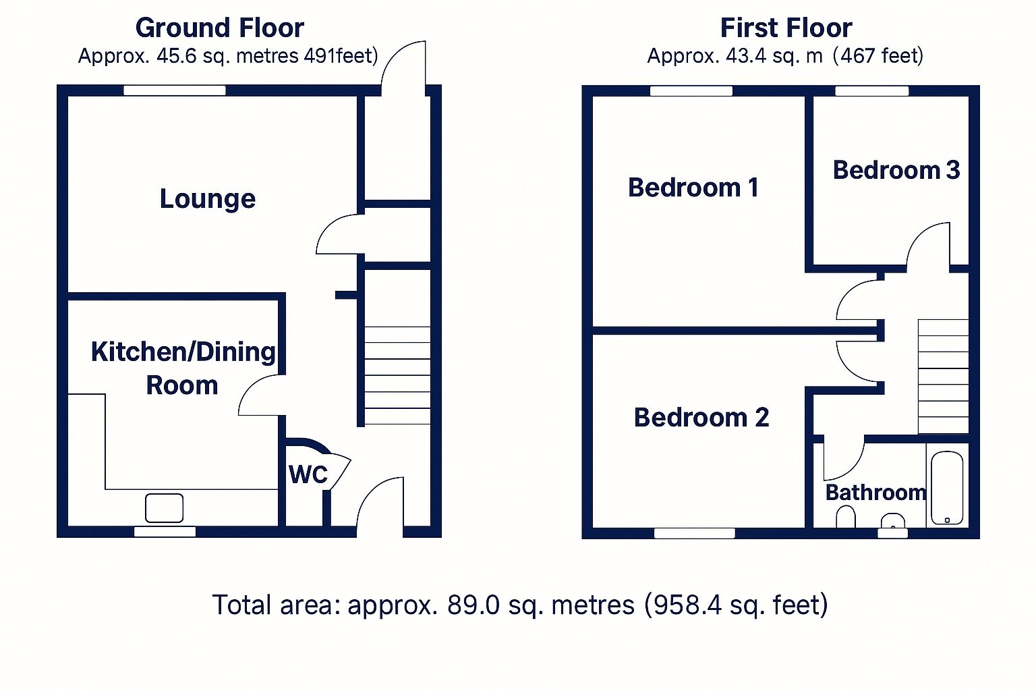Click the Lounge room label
point(208,199)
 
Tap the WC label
point(308,474)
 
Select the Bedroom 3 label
point(896,170)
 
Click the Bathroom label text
point(875,492)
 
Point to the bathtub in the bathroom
point(947,487)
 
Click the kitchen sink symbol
point(165,507)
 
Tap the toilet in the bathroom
point(845,518)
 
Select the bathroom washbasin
point(893,521)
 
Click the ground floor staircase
point(397,375)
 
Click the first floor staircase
point(943,377)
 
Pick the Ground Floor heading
point(220,28)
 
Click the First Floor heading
point(786,28)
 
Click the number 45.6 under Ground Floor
point(177,55)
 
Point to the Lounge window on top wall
point(175,90)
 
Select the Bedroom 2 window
point(694,533)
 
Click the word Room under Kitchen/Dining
point(182,385)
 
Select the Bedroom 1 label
point(693,188)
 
